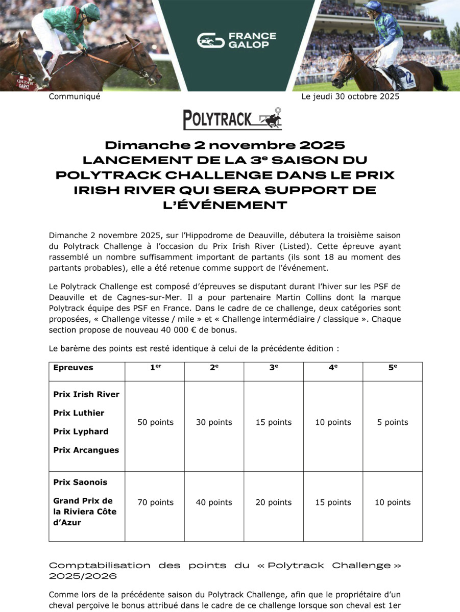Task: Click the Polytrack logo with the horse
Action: click(232, 119)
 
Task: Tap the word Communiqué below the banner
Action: click(75, 96)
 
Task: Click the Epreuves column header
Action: click(73, 367)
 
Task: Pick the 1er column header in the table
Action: click(155, 367)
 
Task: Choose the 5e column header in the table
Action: click(392, 367)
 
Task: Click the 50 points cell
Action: click(155, 422)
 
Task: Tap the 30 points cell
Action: click(214, 422)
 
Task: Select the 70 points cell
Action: click(155, 502)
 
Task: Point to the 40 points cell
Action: click(214, 502)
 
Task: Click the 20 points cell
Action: click(273, 502)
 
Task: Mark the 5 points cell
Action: click(392, 422)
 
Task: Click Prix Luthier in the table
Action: click(79, 413)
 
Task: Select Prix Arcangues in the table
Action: click(86, 450)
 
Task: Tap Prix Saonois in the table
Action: click(80, 482)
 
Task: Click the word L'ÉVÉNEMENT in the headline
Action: click(230, 206)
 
